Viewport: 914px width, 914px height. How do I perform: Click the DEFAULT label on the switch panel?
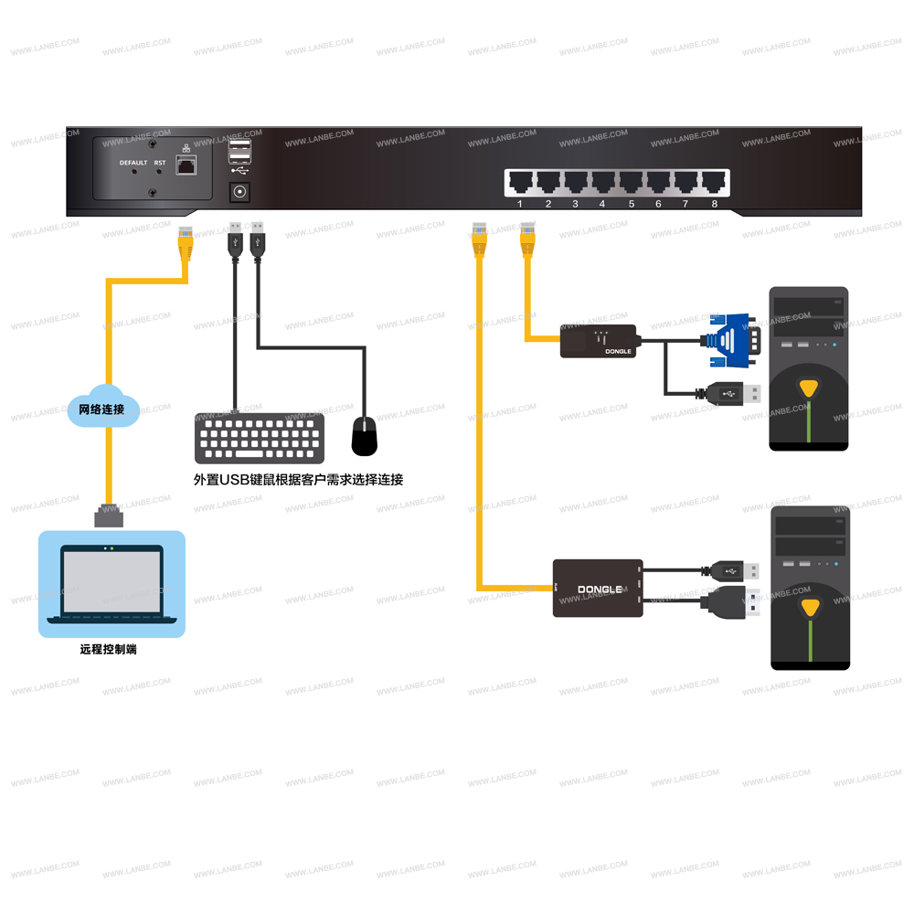click(x=133, y=163)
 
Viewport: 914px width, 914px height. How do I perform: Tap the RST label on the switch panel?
click(x=160, y=163)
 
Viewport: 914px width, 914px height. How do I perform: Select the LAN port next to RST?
click(x=186, y=165)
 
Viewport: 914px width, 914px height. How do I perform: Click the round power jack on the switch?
click(x=240, y=192)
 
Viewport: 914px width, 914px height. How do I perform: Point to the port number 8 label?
click(x=714, y=204)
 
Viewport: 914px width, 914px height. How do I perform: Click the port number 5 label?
click(x=631, y=204)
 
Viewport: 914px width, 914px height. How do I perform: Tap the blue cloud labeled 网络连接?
click(x=104, y=409)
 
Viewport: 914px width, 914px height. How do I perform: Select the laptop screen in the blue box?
click(x=112, y=581)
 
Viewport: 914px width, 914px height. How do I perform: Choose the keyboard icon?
click(x=260, y=438)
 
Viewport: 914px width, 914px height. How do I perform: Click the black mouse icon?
click(x=365, y=436)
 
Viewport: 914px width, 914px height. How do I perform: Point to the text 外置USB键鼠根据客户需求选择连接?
click(x=298, y=480)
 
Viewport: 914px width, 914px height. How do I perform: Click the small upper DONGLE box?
click(x=599, y=340)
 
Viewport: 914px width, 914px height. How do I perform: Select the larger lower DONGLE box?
click(x=598, y=588)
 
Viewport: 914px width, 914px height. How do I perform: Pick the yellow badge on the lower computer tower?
click(x=809, y=607)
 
